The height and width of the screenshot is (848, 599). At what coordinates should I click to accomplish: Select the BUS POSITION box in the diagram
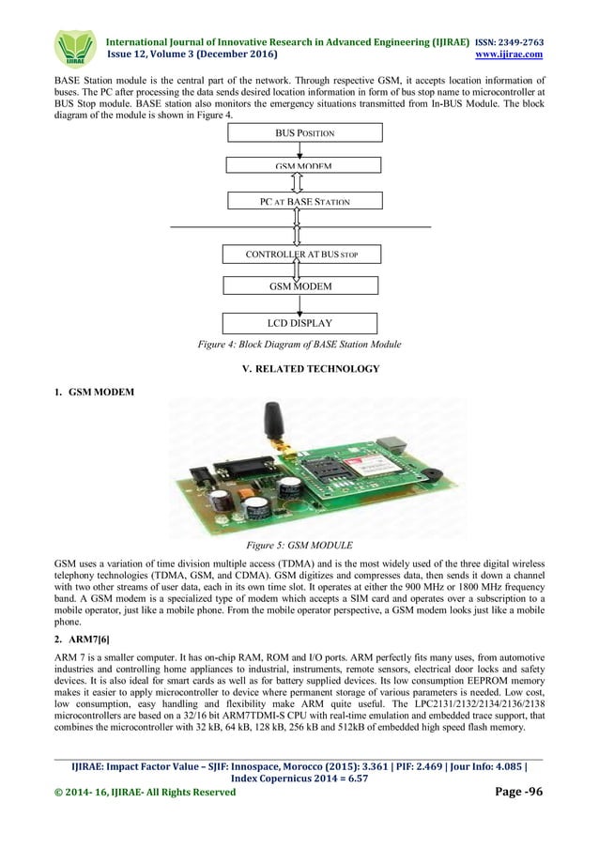303,132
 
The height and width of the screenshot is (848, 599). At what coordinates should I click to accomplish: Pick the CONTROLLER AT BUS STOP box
301,254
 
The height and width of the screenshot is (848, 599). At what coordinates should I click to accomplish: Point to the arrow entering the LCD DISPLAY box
299,306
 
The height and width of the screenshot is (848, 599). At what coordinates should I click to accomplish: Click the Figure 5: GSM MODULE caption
299,544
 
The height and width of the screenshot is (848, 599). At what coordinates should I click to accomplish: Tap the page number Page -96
518,792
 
